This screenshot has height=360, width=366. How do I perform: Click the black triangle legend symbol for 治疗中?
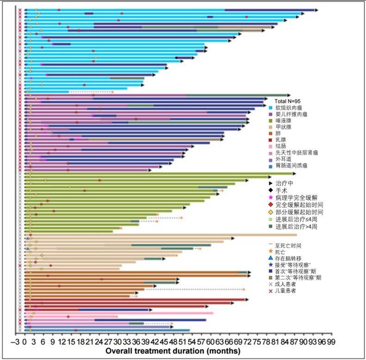pyautogui.click(x=270, y=183)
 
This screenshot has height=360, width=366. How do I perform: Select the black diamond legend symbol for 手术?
pyautogui.click(x=270, y=190)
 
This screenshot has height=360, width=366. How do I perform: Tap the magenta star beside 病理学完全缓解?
pyautogui.click(x=270, y=198)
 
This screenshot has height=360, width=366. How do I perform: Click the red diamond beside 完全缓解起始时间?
pyautogui.click(x=270, y=205)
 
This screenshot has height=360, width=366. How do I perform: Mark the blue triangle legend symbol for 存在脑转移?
pyautogui.click(x=270, y=258)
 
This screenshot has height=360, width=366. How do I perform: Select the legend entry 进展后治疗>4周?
pyautogui.click(x=298, y=227)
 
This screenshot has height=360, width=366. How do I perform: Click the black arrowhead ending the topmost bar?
pyautogui.click(x=316, y=10)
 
